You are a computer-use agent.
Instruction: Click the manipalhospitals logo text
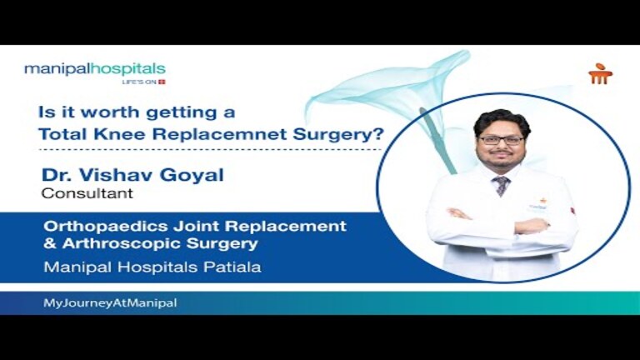[x=94, y=68]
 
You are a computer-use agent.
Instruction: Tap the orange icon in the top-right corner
[x=600, y=73]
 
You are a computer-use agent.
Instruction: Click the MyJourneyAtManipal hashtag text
[x=109, y=303]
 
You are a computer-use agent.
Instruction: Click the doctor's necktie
[x=501, y=184]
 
